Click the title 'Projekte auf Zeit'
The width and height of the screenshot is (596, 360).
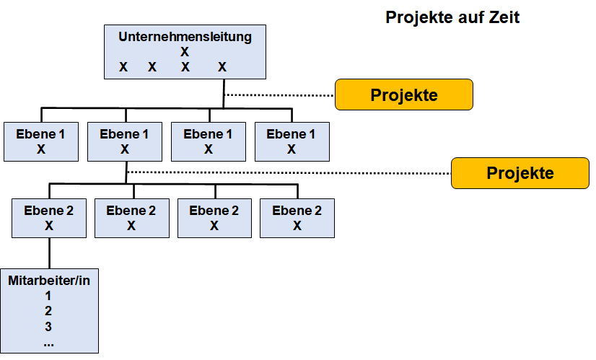pyautogui.click(x=452, y=17)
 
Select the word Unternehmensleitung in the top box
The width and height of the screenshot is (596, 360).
pyautogui.click(x=185, y=37)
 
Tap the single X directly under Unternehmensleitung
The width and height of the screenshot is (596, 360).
pyautogui.click(x=185, y=52)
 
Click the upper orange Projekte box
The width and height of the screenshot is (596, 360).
pyautogui.click(x=404, y=95)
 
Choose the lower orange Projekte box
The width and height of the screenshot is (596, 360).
pyautogui.click(x=520, y=173)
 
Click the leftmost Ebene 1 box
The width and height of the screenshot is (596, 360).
pyautogui.click(x=41, y=141)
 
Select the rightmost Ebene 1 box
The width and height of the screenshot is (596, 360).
pyautogui.click(x=292, y=141)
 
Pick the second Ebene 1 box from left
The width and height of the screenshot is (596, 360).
pyautogui.click(x=125, y=141)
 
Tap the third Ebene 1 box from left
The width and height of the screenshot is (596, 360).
pyautogui.click(x=209, y=141)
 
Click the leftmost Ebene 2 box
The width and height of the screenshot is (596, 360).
pyautogui.click(x=49, y=218)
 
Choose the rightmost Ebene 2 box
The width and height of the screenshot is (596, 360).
pyautogui.click(x=297, y=218)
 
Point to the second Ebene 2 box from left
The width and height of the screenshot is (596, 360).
pyautogui.click(x=132, y=218)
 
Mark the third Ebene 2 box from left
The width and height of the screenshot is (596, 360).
pyautogui.click(x=215, y=218)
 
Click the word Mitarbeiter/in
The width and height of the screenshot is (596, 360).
pyautogui.click(x=49, y=281)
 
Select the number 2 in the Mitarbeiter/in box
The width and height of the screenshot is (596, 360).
pyautogui.click(x=48, y=311)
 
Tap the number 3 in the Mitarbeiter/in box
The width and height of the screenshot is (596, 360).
pyautogui.click(x=48, y=327)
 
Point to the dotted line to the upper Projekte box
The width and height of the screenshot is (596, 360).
pyautogui.click(x=279, y=95)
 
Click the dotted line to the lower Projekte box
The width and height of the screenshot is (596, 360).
pyautogui.click(x=289, y=173)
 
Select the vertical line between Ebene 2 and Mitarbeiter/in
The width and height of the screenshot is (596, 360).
pyautogui.click(x=49, y=253)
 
